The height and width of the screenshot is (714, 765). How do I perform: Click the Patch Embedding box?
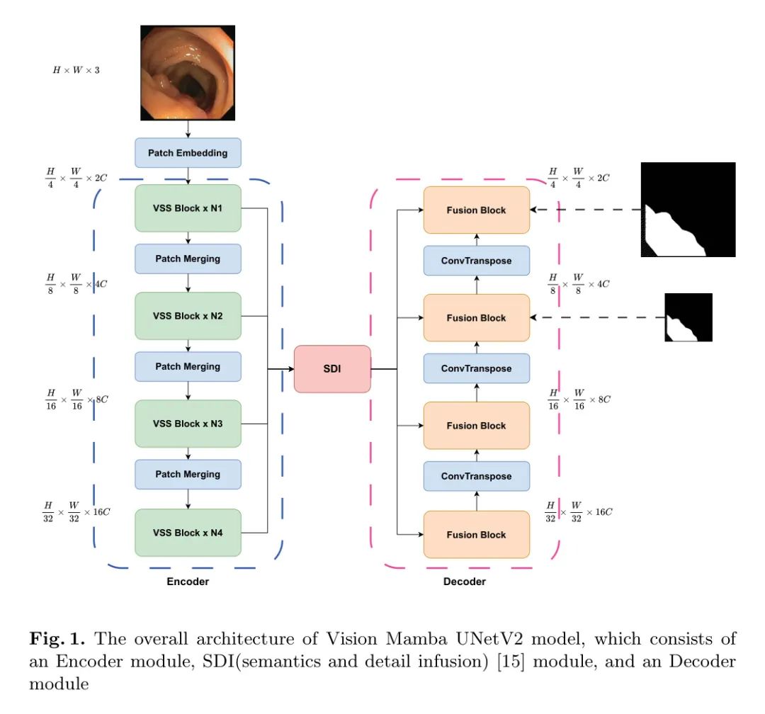[188, 153]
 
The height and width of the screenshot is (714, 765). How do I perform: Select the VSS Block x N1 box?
[188, 208]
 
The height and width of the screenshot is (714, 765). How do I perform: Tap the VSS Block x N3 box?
[188, 424]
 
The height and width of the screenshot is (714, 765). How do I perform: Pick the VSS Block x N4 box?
[188, 532]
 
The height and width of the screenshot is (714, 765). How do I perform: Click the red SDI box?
[332, 369]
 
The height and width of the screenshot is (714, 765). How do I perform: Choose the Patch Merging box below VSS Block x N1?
[188, 259]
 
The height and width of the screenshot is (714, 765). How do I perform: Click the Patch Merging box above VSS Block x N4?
[188, 475]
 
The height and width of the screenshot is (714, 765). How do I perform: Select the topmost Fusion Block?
[476, 210]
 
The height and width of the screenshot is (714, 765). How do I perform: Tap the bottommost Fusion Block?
[476, 534]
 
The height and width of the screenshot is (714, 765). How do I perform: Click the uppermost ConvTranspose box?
[476, 261]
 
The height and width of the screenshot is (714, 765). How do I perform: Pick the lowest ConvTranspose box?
[476, 476]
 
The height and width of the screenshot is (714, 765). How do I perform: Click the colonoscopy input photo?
[188, 72]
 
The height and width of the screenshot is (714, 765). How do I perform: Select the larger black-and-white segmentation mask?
[688, 210]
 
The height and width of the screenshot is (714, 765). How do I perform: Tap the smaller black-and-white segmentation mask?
[688, 317]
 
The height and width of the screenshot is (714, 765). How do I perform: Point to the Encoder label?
[188, 582]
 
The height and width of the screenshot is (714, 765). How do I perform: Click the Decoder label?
[465, 582]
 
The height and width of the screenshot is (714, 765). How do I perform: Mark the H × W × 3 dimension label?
[76, 70]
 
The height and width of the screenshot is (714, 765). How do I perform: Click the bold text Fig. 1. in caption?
[53, 640]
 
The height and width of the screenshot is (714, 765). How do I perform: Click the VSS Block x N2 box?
[188, 316]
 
